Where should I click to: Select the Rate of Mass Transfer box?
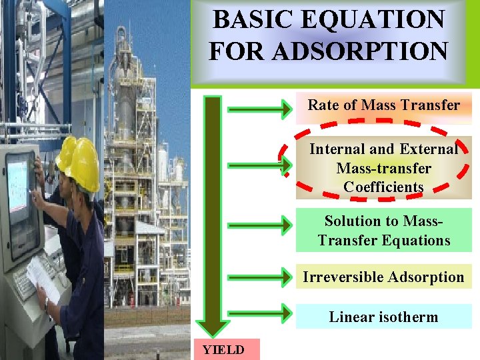[x=383, y=105]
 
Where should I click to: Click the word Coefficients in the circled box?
[x=383, y=187]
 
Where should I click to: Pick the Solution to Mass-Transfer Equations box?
[x=383, y=230]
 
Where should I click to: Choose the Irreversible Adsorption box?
[x=383, y=277]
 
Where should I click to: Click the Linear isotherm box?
[x=383, y=317]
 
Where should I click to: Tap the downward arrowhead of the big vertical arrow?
[x=213, y=327]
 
